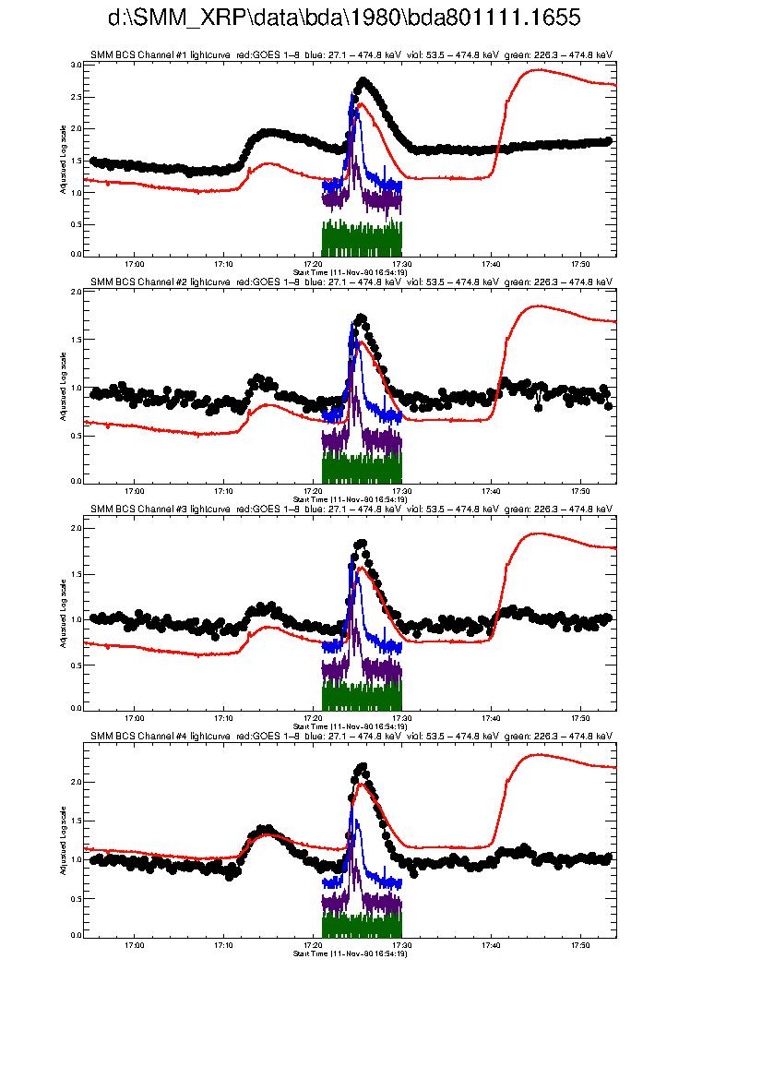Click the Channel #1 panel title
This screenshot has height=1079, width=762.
tap(351, 55)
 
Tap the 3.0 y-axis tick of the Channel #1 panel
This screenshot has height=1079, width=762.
tap(76, 66)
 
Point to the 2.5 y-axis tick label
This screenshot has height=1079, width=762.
tap(76, 97)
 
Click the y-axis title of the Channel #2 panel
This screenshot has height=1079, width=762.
tap(64, 386)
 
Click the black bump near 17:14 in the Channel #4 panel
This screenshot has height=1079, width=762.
tap(266, 830)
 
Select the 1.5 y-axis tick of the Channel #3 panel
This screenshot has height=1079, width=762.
tap(76, 573)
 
